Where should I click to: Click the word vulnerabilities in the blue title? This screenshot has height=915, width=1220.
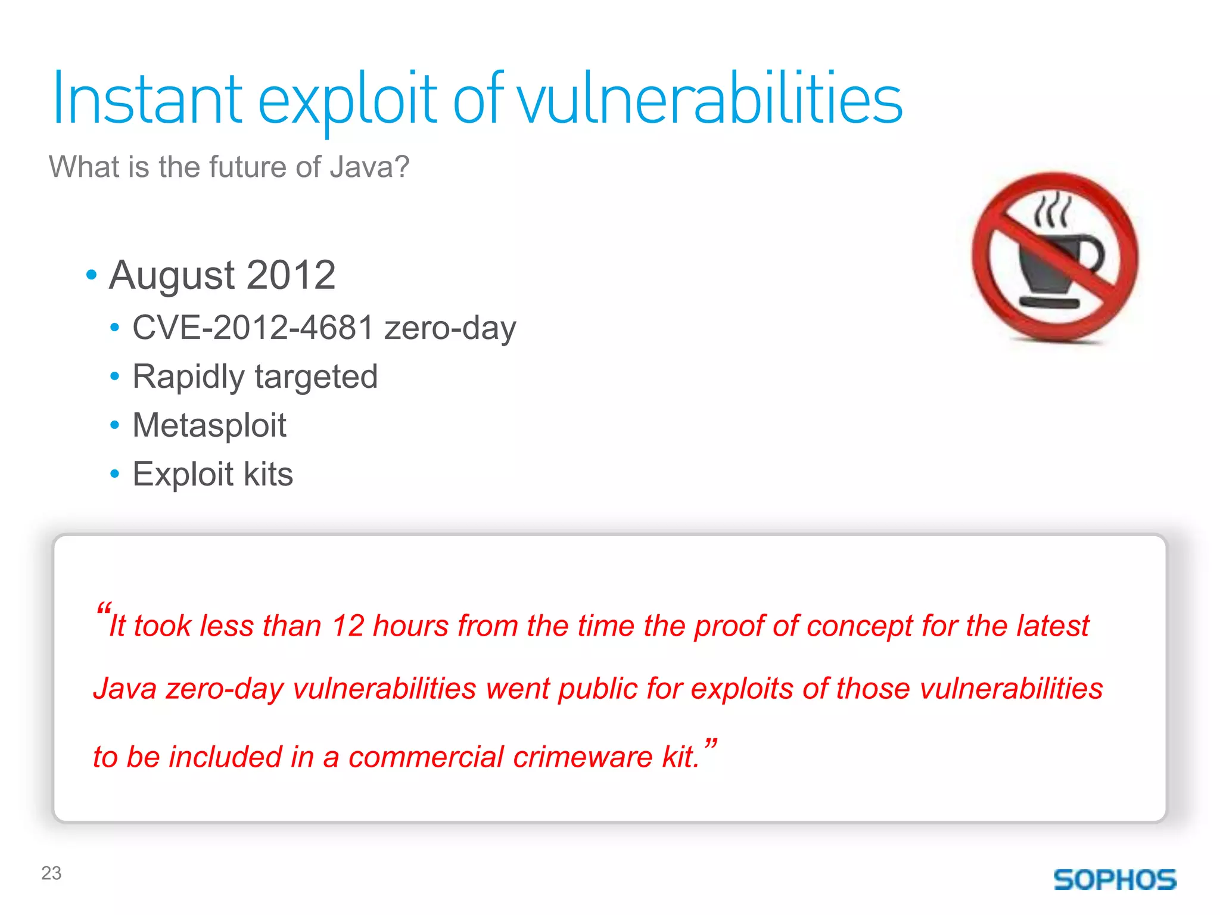pos(709,99)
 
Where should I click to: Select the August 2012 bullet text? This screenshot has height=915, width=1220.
pos(222,275)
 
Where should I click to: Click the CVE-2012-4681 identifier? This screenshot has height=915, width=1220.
pos(253,328)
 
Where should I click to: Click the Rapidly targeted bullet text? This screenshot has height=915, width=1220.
pos(255,377)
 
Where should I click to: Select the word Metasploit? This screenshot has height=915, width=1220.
pos(209,425)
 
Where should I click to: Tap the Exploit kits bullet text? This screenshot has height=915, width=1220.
pos(213,474)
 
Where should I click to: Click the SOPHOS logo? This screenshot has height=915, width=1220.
pos(1115,880)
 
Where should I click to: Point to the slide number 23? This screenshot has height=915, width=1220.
pos(51,873)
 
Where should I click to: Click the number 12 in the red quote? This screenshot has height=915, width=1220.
pos(348,626)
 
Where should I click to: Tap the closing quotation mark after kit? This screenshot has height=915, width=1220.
pos(710,745)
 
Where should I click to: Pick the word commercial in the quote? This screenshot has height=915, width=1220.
pos(426,757)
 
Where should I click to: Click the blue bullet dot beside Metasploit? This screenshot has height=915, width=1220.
pos(115,425)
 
